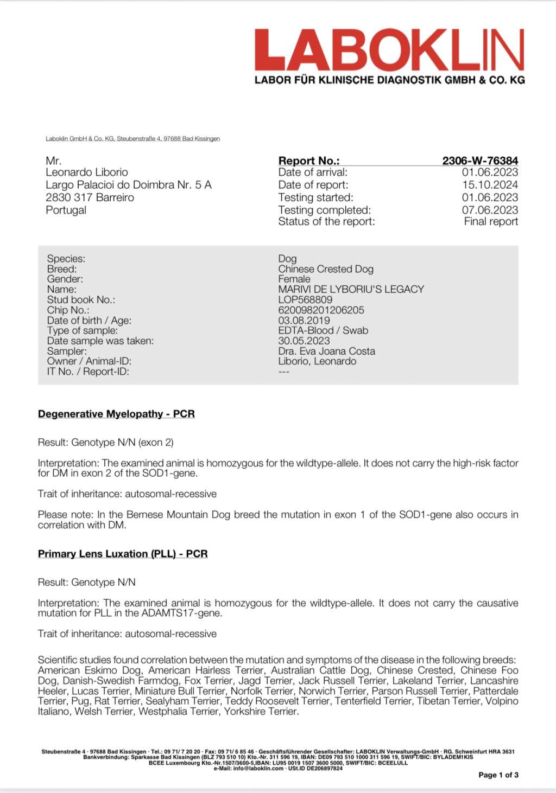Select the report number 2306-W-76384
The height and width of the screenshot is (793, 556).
tap(480, 161)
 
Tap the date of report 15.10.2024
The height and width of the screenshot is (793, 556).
tap(490, 185)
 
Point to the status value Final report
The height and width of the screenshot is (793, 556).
tap(491, 221)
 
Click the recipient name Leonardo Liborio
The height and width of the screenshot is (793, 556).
tap(87, 172)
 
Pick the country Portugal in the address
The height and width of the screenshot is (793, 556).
tap(66, 210)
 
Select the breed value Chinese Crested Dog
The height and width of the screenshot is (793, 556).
tap(326, 269)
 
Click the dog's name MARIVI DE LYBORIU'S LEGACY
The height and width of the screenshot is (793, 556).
tap(351, 289)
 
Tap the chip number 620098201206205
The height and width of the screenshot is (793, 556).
tap(321, 310)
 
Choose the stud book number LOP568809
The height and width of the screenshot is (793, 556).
tap(305, 299)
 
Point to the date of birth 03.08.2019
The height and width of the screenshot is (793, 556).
tap(304, 320)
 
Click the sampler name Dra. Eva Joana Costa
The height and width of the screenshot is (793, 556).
tap(326, 351)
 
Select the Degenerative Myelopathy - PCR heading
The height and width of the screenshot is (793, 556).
tap(116, 414)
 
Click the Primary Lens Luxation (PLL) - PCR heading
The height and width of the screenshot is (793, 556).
tap(123, 554)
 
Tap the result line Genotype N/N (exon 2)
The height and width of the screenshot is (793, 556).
tap(122, 443)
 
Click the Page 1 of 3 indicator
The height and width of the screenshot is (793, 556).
tap(498, 775)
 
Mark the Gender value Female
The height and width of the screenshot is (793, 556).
tap(294, 279)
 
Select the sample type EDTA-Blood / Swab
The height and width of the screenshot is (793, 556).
tap(323, 330)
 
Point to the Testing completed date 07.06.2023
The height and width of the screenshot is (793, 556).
tap(490, 210)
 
